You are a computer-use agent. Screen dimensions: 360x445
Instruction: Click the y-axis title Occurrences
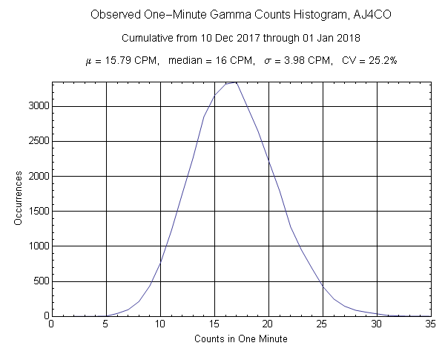tap(20, 198)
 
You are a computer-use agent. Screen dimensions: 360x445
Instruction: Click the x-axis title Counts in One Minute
tap(241, 338)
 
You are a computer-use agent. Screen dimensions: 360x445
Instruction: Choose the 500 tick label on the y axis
tap(39, 281)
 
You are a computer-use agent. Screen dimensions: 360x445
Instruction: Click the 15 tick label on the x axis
tap(214, 324)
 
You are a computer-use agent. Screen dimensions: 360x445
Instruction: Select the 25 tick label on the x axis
tap(323, 324)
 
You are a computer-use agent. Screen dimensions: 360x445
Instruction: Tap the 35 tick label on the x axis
tap(431, 324)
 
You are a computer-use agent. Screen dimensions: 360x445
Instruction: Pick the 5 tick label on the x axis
tap(105, 324)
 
